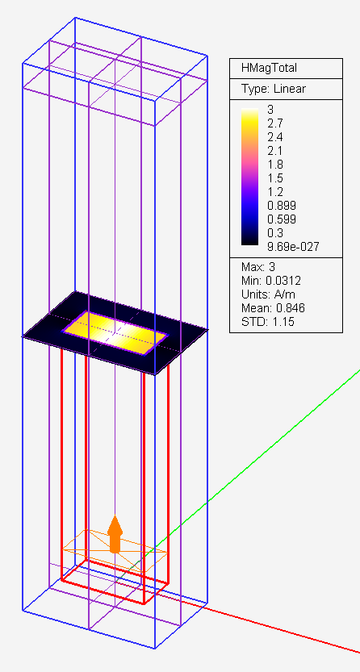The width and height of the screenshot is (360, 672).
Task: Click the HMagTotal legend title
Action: (269, 68)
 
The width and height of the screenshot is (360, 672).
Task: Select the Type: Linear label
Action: (274, 89)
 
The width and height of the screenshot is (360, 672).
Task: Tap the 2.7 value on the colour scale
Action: (274, 123)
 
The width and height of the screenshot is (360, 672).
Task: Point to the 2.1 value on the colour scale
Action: (274, 151)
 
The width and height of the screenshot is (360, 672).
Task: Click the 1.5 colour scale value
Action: (274, 178)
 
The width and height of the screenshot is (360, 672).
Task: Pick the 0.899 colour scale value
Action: (282, 206)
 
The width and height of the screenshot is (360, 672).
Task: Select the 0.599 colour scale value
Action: (282, 219)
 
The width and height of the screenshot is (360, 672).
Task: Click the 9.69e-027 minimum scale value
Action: (293, 247)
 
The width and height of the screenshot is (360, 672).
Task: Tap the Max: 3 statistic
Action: (258, 267)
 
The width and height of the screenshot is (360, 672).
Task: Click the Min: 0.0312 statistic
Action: (271, 281)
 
